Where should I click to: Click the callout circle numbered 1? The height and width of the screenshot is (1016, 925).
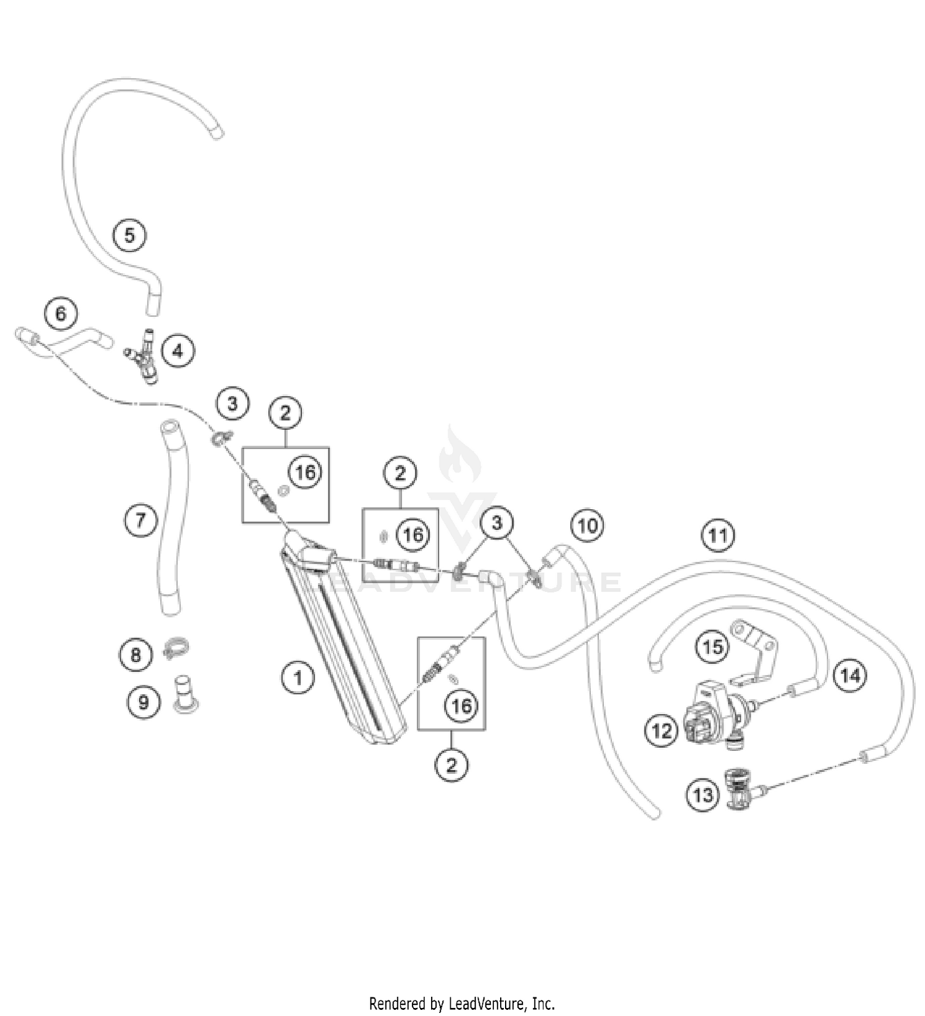298,678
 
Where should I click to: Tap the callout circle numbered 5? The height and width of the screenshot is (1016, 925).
129,235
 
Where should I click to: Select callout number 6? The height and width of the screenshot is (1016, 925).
60,314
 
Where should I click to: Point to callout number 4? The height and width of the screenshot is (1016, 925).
178,351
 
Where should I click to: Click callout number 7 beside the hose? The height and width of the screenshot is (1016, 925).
141,520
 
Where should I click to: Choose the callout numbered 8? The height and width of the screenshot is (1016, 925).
136,654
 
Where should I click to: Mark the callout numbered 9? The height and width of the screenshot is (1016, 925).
144,702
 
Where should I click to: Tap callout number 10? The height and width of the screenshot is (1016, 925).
588,526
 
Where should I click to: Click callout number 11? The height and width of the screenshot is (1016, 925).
718,535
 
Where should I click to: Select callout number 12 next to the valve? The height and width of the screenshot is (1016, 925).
662,731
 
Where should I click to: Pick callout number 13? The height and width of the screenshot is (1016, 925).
702,795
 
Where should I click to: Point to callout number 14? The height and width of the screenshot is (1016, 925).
850,676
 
